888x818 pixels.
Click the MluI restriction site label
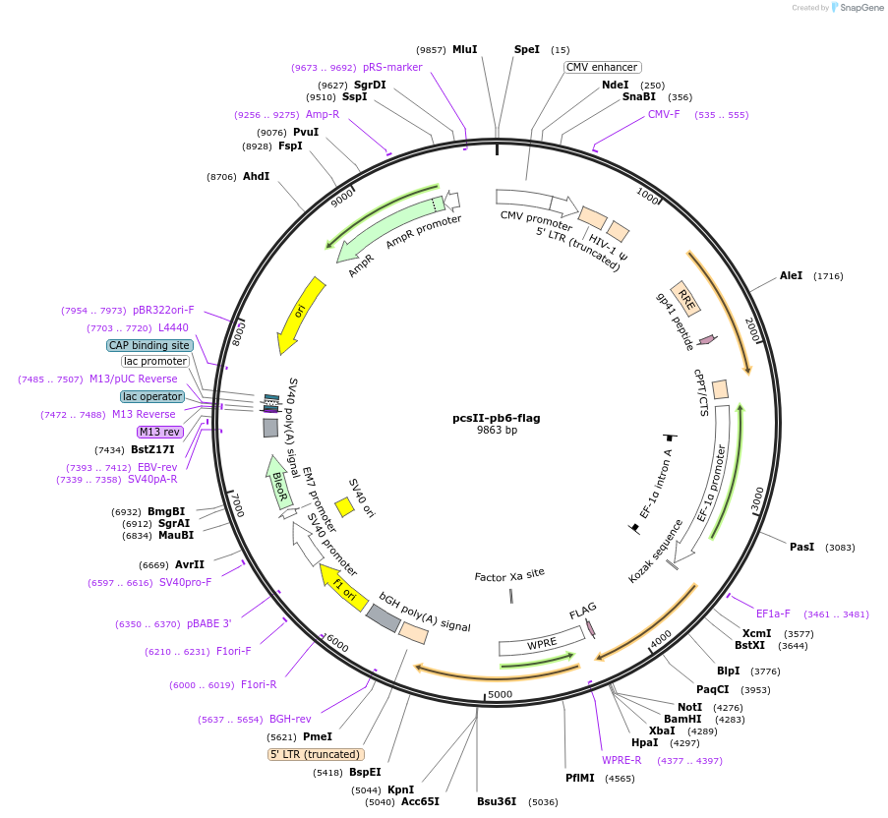[x=464, y=49]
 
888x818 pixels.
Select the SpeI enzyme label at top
[x=527, y=49]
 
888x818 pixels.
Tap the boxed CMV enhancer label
[x=602, y=68]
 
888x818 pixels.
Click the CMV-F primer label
[x=664, y=115]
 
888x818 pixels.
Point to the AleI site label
[x=791, y=276]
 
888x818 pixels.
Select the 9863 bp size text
[x=497, y=431]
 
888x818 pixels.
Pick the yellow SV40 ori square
[x=344, y=506]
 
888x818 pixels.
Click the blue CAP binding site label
[x=148, y=345]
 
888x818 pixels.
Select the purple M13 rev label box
[x=159, y=432]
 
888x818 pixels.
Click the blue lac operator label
[x=152, y=396]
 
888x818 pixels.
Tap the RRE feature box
[x=685, y=298]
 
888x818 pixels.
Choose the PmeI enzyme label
[x=318, y=736]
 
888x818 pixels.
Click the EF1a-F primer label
[x=773, y=613]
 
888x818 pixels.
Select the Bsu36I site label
[x=497, y=801]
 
